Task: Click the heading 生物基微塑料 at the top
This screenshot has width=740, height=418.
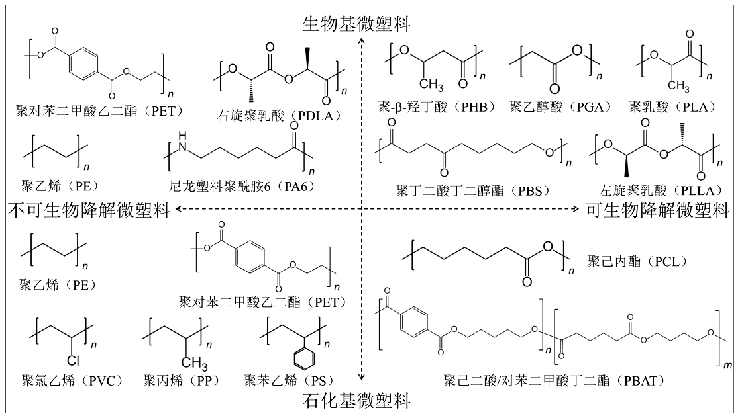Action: [356, 24]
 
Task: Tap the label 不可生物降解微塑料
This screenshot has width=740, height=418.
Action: [87, 210]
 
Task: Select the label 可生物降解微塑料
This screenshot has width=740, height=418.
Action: [658, 210]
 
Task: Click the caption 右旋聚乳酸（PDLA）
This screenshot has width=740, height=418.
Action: [278, 116]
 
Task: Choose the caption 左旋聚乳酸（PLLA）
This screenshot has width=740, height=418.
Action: [658, 190]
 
